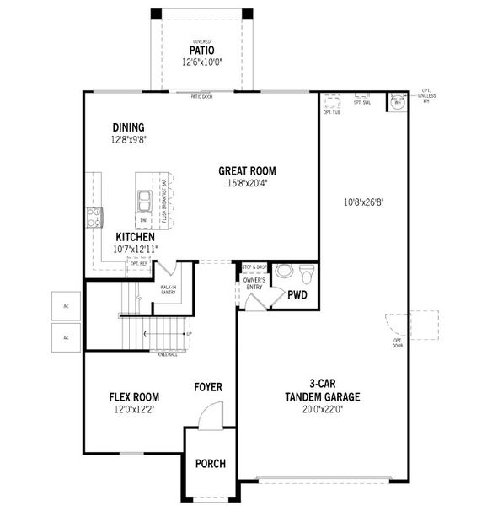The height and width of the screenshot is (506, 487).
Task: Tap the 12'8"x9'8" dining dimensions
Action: (x=128, y=140)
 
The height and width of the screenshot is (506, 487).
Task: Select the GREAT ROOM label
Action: (x=247, y=170)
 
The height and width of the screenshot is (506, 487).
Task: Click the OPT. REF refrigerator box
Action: (x=139, y=264)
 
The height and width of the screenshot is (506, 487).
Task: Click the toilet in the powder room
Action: (x=307, y=273)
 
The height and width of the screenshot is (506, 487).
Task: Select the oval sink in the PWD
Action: (x=285, y=272)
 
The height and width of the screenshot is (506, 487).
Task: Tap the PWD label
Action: (x=297, y=296)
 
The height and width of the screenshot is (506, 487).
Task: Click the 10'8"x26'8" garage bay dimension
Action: (x=363, y=202)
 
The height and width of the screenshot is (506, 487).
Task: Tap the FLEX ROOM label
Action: (x=135, y=397)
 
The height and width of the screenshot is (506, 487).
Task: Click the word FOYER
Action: (x=208, y=387)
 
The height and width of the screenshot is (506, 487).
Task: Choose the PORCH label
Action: (x=211, y=464)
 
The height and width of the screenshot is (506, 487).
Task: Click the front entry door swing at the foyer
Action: (x=211, y=415)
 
